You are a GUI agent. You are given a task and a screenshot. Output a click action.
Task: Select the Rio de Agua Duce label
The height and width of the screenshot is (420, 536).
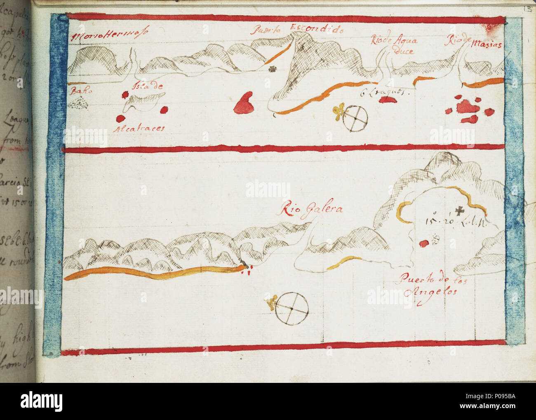394,45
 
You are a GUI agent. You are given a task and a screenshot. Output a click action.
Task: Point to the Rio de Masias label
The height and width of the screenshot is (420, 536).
474,42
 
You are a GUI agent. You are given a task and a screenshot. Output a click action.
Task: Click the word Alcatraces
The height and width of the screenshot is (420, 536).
140,128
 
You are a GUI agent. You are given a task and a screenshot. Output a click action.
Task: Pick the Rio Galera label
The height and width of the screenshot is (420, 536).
311,209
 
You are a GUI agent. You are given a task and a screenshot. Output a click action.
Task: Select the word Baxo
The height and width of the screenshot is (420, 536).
78,91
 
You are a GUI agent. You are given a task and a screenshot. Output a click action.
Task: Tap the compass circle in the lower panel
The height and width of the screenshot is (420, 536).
292,308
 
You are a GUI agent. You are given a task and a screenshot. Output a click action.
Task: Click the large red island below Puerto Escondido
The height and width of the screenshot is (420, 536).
244,103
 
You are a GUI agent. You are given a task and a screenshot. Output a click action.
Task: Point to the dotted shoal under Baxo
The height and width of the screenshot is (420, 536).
78,104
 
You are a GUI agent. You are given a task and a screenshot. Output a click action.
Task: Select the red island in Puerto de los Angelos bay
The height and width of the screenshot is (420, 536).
424,244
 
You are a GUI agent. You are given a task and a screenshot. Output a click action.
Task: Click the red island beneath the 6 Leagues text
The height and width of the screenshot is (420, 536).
388,99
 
